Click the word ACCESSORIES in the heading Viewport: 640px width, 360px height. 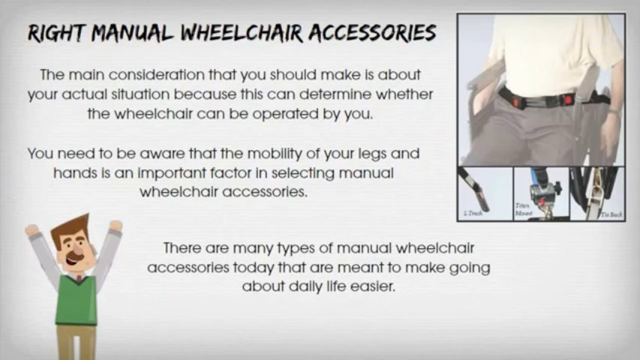(x=372, y=33)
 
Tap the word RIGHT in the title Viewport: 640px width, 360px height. (x=55, y=33)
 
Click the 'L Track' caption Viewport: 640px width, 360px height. (x=472, y=213)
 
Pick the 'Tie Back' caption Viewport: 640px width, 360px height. (x=611, y=214)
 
